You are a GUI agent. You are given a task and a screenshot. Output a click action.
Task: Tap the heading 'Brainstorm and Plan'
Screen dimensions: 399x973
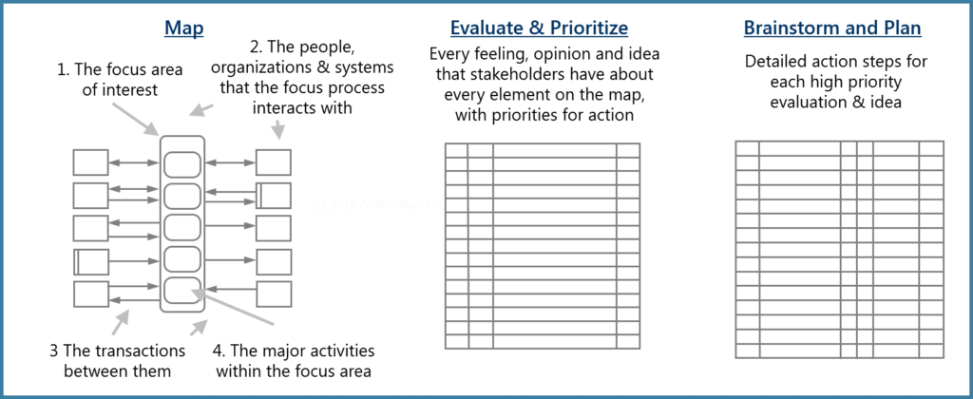(x=832, y=28)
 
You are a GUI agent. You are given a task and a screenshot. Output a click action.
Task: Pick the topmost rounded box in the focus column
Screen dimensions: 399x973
(x=181, y=163)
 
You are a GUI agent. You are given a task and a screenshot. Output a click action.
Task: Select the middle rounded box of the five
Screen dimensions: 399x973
(x=181, y=228)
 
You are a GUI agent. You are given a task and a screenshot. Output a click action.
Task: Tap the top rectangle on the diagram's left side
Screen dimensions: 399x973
(x=90, y=161)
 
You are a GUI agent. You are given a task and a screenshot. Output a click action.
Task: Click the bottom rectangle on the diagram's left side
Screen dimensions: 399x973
(x=90, y=294)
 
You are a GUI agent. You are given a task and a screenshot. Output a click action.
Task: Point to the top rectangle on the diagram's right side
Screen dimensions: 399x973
(x=273, y=161)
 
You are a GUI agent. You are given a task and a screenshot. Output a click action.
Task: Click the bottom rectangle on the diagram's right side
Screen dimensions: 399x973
(x=273, y=294)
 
